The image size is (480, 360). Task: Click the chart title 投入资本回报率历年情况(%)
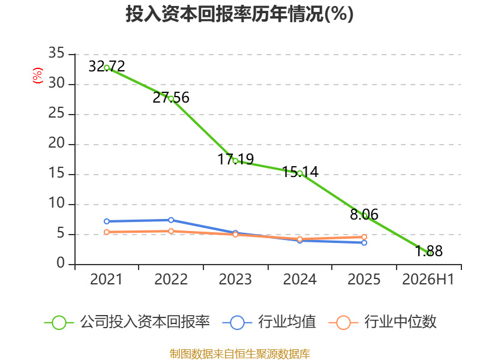coord(239,14)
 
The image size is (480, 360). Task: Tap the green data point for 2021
coord(107,68)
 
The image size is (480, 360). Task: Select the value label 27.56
coord(171,98)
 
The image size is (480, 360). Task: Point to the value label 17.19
coord(235,159)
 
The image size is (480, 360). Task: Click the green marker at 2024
coord(299,173)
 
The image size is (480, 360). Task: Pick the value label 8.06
coord(364,214)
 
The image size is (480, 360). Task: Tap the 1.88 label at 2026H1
coord(428,251)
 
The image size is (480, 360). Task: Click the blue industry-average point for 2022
coord(171,220)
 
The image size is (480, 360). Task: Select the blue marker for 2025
coord(364,243)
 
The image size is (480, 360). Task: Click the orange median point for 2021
coord(107,232)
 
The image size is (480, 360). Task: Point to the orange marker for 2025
coord(364,237)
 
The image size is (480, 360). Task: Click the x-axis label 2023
coord(235,280)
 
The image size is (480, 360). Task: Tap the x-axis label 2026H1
coord(428,280)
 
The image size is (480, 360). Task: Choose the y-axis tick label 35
coord(56,53)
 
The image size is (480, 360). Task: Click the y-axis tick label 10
coord(56,203)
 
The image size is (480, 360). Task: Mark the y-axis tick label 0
coord(61,263)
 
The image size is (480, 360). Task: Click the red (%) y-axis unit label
coord(38,76)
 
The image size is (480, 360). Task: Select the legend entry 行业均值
coord(269,322)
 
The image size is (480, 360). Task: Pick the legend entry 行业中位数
coord(382,322)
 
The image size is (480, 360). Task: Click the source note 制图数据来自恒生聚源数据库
coord(240,354)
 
